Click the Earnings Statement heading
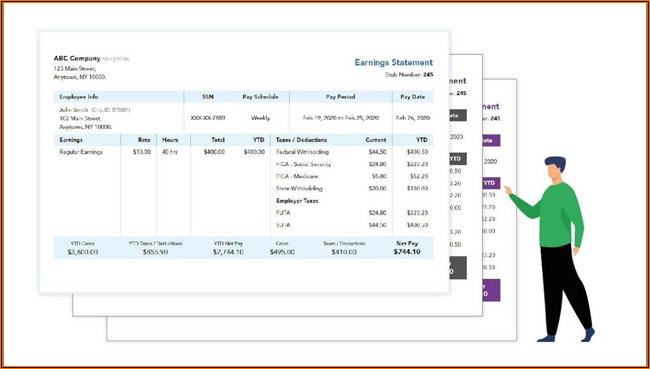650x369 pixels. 393,63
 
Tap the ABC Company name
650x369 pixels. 77,58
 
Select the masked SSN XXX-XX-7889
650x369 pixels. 208,118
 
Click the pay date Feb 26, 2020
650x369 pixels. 413,118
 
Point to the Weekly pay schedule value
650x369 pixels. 261,118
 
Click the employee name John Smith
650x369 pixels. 73,110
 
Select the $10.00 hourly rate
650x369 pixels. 141,152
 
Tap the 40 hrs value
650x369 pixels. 170,152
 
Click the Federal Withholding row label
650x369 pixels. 302,152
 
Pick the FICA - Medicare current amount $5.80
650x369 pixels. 379,176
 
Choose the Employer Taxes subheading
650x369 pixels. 297,201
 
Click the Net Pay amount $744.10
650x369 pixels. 407,252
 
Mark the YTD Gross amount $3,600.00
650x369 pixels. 83,252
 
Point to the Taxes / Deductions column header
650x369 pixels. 301,140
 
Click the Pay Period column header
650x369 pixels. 340,97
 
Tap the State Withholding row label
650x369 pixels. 299,189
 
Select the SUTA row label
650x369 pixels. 283,225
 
